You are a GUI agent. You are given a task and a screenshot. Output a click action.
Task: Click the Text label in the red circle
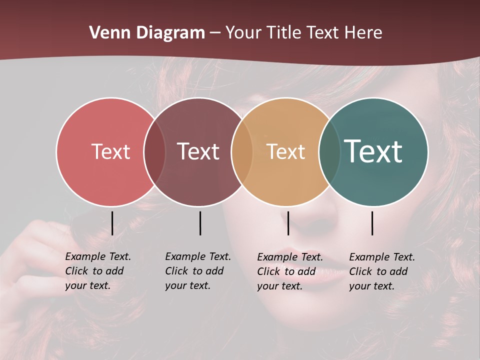(110, 151)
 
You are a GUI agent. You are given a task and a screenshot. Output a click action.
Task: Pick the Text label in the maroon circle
(198, 151)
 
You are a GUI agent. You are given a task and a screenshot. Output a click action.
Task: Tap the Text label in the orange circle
(285, 151)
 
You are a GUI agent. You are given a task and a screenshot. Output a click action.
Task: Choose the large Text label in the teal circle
(373, 151)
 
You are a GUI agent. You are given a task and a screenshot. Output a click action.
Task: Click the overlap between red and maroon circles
(154, 151)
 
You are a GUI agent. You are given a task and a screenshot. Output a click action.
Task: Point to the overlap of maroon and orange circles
(242, 151)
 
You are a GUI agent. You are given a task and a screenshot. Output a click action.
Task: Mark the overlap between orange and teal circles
(329, 151)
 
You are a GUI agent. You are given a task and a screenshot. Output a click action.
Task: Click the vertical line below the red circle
(112, 223)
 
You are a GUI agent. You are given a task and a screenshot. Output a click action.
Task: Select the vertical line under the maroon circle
(200, 223)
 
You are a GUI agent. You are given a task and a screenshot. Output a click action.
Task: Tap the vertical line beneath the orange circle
(288, 223)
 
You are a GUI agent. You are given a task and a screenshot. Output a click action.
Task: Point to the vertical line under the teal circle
(372, 223)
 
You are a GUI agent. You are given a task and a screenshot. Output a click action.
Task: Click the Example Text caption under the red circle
(97, 271)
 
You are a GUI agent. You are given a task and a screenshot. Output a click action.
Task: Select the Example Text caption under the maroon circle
(197, 271)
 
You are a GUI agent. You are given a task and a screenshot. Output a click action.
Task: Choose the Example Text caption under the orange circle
(289, 271)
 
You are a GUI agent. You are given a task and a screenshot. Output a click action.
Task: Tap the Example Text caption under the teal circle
(381, 271)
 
